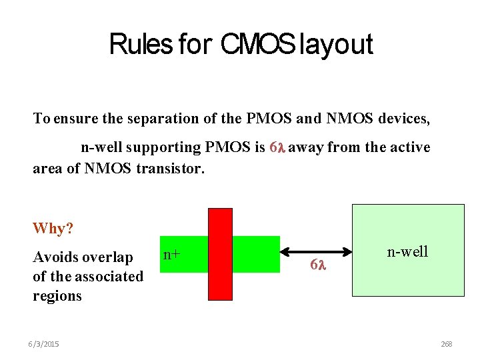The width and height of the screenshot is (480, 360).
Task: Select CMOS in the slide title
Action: pyautogui.click(x=257, y=45)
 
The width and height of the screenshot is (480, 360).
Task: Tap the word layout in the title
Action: pyautogui.click(x=337, y=45)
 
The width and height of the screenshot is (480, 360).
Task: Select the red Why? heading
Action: pyautogui.click(x=53, y=229)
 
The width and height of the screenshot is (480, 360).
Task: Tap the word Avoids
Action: pyautogui.click(x=55, y=257)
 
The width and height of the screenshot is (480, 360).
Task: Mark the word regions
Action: pyautogui.click(x=57, y=295)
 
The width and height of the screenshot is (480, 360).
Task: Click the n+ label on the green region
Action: pyautogui.click(x=172, y=254)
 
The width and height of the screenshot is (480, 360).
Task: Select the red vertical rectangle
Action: pyautogui.click(x=220, y=254)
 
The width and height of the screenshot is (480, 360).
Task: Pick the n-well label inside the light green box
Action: pyautogui.click(x=407, y=251)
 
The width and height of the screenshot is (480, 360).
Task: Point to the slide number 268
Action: pyautogui.click(x=446, y=344)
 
